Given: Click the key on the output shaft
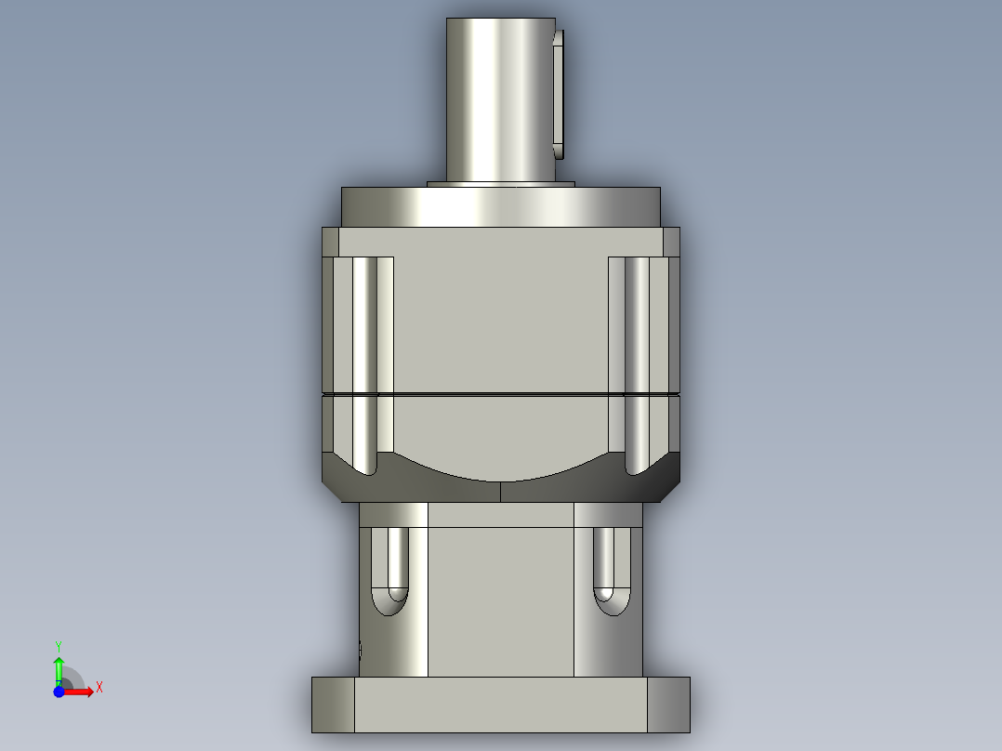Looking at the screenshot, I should (x=558, y=93).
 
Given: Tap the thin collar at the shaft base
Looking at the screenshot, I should (x=500, y=184).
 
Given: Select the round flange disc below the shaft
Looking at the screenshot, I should (x=500, y=206).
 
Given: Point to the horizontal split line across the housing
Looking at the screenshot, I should (x=500, y=395).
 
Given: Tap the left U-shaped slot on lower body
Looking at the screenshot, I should (x=389, y=572).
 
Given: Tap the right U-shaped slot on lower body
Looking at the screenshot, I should (x=610, y=572).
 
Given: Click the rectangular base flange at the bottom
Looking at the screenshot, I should (x=500, y=705).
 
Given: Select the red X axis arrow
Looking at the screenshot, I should (x=81, y=692).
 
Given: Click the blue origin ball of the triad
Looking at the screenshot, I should (x=59, y=692).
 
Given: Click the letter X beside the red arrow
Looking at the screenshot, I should (x=99, y=688).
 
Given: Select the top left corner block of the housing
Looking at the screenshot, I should (x=330, y=242).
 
